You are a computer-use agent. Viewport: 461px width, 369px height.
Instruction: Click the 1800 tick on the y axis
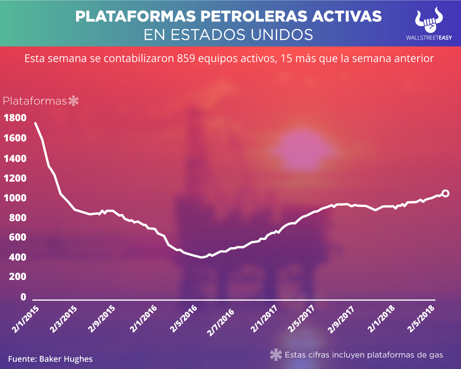pos(15,118)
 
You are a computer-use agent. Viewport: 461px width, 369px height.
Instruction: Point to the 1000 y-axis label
pos(15,198)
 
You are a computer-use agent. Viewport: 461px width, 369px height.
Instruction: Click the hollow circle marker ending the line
pos(445,194)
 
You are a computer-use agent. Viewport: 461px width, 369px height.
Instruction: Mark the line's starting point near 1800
pos(35,124)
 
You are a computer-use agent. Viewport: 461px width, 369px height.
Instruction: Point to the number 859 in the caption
pos(185,59)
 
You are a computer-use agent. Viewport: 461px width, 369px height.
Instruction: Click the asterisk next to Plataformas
pos(73,101)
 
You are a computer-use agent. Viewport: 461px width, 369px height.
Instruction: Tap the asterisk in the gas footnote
pos(275,355)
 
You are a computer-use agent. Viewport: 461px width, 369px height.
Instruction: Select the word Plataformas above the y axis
pos(35,101)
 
